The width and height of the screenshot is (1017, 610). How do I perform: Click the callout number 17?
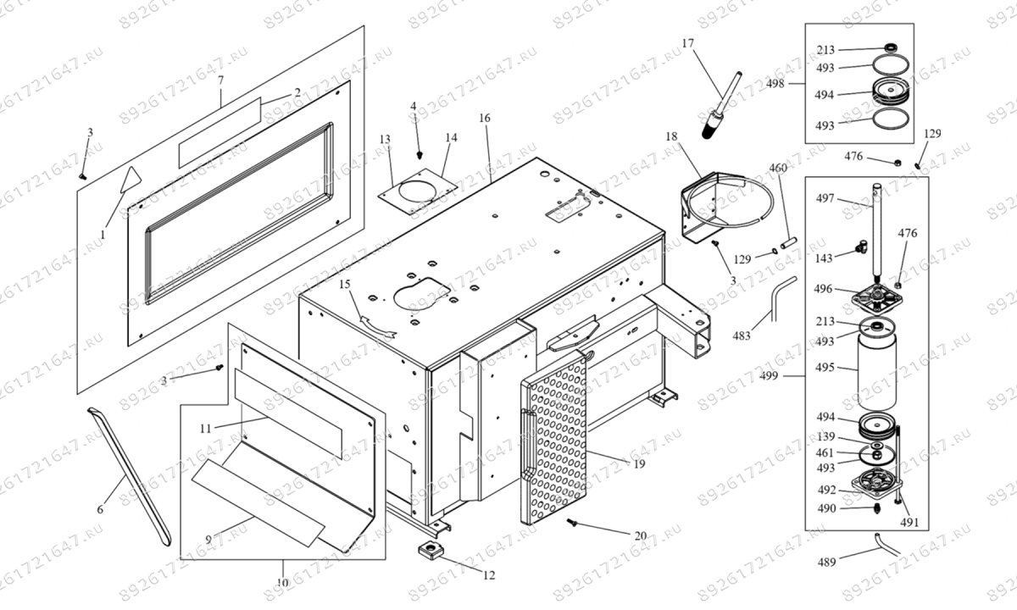(686, 43)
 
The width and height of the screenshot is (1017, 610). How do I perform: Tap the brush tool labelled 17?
(718, 110)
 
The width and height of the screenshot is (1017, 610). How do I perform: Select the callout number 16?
(484, 118)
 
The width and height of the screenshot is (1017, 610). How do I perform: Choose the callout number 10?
(283, 583)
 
